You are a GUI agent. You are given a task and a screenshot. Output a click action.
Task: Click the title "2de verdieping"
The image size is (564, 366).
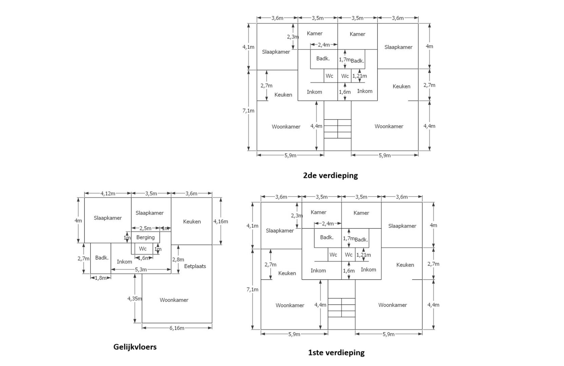coord(330,176)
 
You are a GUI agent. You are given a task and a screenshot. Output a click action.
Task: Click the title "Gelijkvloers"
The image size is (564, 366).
coord(135,347)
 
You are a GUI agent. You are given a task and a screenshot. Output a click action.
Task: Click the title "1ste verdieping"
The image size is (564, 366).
coord(336,353)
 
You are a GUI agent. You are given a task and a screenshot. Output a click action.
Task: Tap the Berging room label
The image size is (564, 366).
coord(145,237)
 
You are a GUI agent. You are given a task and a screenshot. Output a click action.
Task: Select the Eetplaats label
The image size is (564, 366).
coord(195,266)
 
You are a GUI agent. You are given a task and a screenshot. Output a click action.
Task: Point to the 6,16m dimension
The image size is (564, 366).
coord(177,328)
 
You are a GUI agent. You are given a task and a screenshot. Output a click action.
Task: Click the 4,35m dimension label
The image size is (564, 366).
coord(135,299)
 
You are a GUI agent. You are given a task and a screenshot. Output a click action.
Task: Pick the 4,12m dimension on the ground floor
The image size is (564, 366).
coord(108,194)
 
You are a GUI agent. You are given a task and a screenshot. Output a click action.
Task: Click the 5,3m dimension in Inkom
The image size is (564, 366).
coord(141,270)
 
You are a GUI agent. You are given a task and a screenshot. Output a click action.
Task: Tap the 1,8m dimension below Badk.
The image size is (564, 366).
coord(100,278)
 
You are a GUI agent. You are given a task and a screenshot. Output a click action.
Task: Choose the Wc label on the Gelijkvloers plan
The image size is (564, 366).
coord(143,249)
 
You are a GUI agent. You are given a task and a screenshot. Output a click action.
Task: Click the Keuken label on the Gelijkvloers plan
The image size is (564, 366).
coord(192,222)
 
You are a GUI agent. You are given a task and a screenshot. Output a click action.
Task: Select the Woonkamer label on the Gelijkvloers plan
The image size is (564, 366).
coord(174,300)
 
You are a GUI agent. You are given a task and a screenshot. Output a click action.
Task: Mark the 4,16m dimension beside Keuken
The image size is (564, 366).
coord(220,222)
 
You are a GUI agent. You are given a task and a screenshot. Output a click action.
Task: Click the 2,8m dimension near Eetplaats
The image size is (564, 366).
coord(178,260)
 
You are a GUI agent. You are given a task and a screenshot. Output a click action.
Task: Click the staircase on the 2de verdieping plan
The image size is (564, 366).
coord(337,129)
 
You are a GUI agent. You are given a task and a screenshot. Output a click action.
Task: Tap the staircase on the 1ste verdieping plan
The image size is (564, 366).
coord(342,307)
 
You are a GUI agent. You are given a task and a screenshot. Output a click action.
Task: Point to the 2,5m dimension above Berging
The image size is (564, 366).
coord(145,228)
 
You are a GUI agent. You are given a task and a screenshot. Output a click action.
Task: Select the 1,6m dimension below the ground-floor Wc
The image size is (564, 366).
coord(143,258)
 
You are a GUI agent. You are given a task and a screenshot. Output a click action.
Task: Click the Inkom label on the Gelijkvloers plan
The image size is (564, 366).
coord(124,262)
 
